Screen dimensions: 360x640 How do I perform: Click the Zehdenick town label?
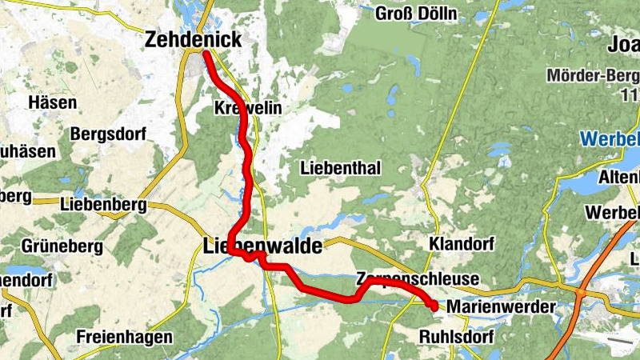(193, 40)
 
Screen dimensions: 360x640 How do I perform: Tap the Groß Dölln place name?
(418, 14)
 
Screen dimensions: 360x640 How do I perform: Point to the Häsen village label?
(52, 102)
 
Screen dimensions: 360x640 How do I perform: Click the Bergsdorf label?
(107, 133)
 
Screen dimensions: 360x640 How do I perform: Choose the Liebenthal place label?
(340, 168)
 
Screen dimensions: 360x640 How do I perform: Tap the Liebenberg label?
(102, 205)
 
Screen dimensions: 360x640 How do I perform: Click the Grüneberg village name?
(61, 244)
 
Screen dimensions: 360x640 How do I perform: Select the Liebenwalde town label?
(263, 246)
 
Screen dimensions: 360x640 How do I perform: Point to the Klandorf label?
(461, 243)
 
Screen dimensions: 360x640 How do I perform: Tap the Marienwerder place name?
(500, 306)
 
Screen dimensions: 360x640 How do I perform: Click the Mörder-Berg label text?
(593, 77)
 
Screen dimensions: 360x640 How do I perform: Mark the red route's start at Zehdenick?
(206, 54)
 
